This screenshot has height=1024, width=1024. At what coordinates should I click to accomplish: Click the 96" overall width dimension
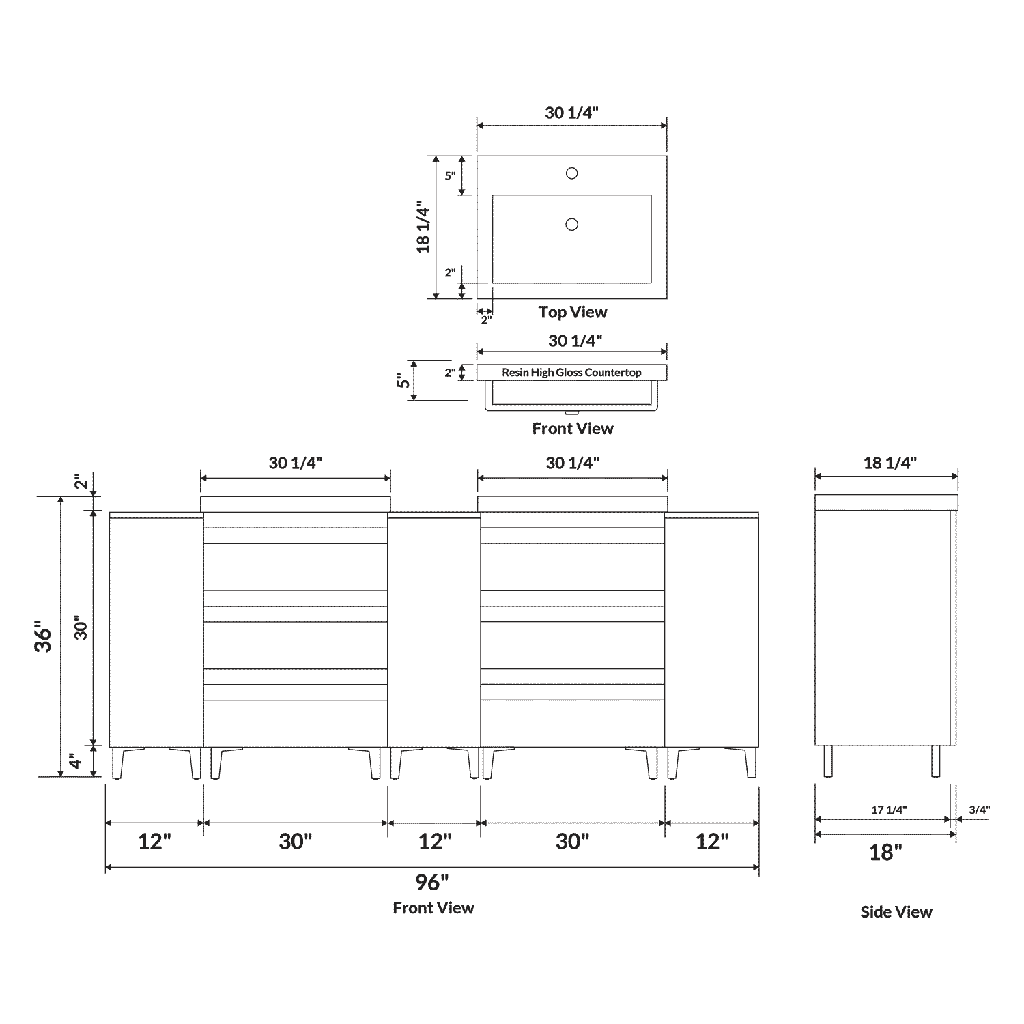coord(432,882)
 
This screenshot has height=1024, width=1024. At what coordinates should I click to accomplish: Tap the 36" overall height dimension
coord(44,636)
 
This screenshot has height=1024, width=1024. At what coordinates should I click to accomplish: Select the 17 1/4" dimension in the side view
coord(889,810)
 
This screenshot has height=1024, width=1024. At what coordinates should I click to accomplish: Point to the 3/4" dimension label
coord(979,810)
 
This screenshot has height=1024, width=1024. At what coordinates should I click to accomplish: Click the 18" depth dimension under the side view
coord(885,852)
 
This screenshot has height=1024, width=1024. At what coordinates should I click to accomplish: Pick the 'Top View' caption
coord(572,312)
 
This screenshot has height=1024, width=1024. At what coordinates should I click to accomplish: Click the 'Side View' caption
coord(896,911)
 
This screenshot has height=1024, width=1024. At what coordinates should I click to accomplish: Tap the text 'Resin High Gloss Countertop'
coord(571,372)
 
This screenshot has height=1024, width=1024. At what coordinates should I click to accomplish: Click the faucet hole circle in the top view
coord(571,173)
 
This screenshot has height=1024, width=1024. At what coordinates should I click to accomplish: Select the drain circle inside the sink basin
coord(571,224)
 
